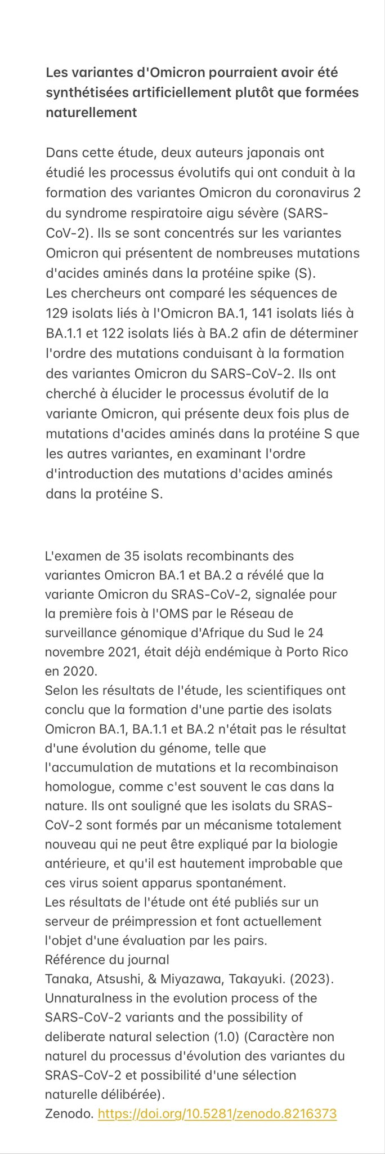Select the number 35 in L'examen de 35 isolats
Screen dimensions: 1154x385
[129, 556]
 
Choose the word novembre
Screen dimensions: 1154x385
[74, 653]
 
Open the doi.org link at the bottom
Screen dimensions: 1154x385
[217, 1113]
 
